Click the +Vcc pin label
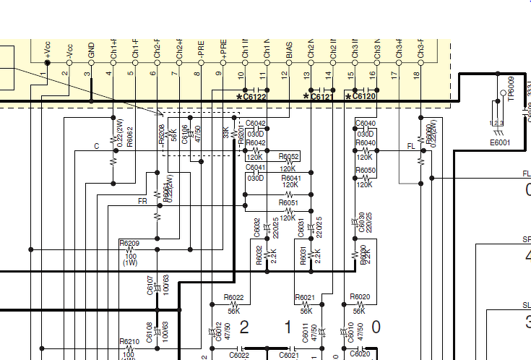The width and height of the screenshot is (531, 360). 47,51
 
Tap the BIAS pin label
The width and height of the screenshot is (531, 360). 289,52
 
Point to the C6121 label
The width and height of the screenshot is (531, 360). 321,97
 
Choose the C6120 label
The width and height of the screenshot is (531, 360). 363,97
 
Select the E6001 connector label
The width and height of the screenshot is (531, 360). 499,142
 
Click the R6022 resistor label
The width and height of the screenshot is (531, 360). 233,297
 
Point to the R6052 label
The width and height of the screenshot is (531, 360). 289,157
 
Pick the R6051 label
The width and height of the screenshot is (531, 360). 288,204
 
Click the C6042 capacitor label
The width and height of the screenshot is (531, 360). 256,123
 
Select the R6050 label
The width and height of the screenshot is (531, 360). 366,171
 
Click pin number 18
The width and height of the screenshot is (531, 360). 416,74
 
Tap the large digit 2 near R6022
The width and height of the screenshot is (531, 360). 243,327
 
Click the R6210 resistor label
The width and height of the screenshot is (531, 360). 129,342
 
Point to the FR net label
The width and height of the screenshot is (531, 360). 142,202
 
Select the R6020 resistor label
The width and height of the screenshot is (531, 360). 359,297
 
